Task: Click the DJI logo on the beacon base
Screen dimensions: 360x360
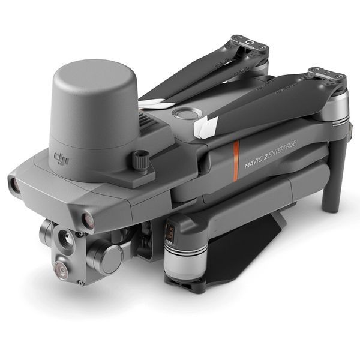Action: [x=61, y=159]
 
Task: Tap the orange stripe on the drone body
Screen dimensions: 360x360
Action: [x=236, y=161]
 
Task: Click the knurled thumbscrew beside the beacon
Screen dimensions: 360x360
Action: [x=140, y=159]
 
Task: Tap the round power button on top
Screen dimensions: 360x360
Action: [x=187, y=113]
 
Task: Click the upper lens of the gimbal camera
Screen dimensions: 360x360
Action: [x=67, y=239]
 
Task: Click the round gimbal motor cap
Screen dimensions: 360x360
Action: [x=112, y=260]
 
